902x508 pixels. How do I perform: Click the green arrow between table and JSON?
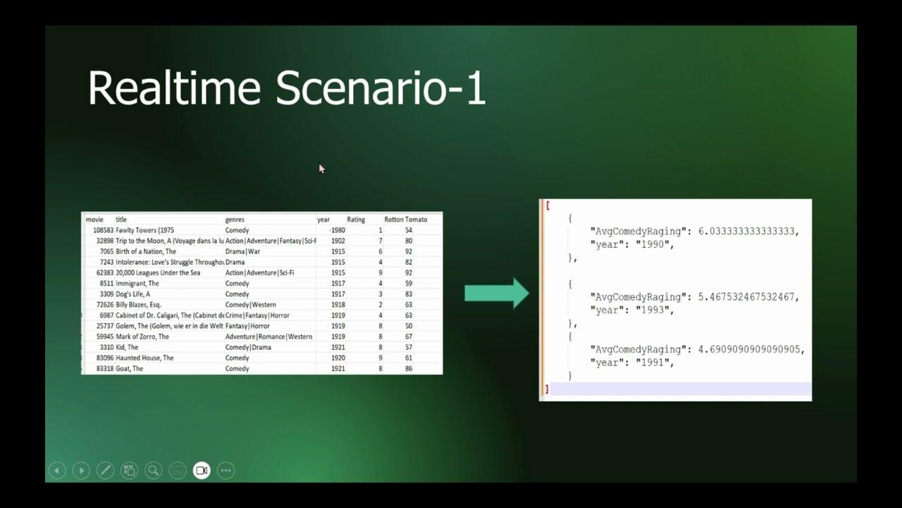(x=496, y=293)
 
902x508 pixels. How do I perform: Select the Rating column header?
(x=356, y=219)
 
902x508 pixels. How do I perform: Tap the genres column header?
(x=235, y=219)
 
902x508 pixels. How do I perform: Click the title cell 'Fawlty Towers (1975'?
(x=144, y=230)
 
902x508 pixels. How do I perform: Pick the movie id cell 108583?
(x=103, y=230)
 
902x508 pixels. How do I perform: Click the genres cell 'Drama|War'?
(x=242, y=252)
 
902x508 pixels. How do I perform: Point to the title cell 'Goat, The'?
(x=129, y=368)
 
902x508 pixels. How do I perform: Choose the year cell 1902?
(x=338, y=241)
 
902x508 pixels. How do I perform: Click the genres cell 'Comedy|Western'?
(x=250, y=305)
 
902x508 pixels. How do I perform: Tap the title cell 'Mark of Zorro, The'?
(x=142, y=337)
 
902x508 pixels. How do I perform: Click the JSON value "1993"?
(x=653, y=310)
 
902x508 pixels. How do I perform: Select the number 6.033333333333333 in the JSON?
(x=748, y=231)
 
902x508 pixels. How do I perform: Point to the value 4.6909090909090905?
(x=751, y=349)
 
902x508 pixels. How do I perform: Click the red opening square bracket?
(x=548, y=205)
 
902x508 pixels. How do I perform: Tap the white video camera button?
(x=202, y=471)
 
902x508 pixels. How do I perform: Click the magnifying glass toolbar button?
(x=153, y=471)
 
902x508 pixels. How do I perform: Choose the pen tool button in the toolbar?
(x=105, y=471)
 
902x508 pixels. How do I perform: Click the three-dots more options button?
(x=225, y=471)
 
